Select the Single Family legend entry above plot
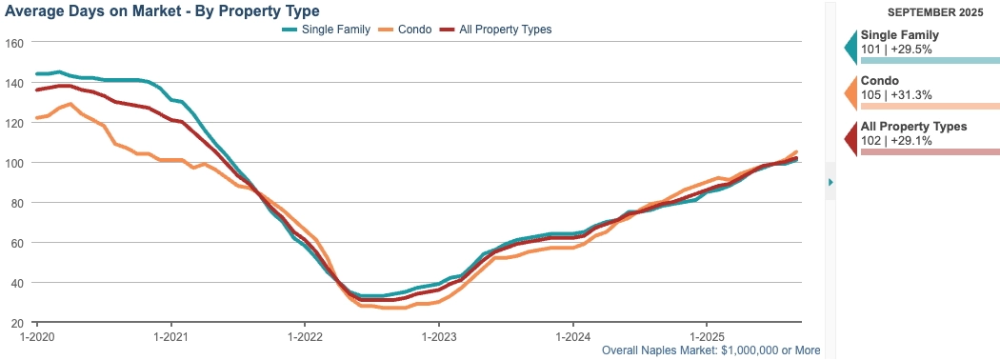[x=326, y=30]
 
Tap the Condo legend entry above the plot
[x=405, y=30]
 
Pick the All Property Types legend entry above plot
[x=495, y=30]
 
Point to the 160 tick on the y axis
[x=13, y=43]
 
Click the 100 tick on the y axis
[x=13, y=163]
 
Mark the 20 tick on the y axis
[x=16, y=322]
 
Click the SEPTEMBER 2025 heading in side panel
[x=930, y=12]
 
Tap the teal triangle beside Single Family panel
[x=851, y=47]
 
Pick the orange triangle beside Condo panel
[x=851, y=92]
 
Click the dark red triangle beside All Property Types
[x=851, y=138]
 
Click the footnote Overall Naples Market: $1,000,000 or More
[x=711, y=350]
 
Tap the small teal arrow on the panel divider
[x=830, y=182]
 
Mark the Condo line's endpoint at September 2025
[x=796, y=152]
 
